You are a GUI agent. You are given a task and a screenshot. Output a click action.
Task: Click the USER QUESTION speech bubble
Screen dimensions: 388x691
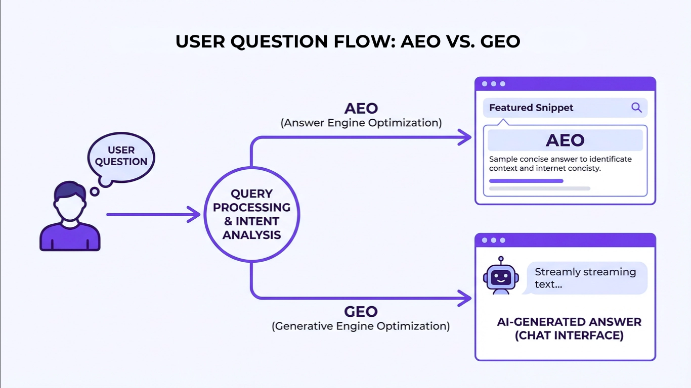[121, 156]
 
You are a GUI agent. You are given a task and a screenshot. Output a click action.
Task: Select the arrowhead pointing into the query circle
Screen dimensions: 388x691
[194, 214]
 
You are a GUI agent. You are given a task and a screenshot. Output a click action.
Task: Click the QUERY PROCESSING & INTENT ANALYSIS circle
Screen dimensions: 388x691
[251, 214]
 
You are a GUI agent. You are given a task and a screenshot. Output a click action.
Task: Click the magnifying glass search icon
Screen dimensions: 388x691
[636, 108]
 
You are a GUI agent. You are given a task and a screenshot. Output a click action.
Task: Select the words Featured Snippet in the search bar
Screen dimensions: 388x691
[531, 108]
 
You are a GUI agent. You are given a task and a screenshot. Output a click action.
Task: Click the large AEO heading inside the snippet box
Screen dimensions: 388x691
[565, 140]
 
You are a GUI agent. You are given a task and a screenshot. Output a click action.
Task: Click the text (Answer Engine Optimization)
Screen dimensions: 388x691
[361, 123]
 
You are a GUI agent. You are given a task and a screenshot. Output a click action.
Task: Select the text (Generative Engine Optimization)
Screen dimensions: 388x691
[361, 326]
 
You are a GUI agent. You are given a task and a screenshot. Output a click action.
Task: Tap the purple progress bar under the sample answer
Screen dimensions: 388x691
[526, 181]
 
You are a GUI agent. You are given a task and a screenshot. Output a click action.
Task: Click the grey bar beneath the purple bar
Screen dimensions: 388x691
[539, 188]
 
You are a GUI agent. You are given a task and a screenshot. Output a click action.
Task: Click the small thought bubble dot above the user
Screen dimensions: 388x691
[94, 191]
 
